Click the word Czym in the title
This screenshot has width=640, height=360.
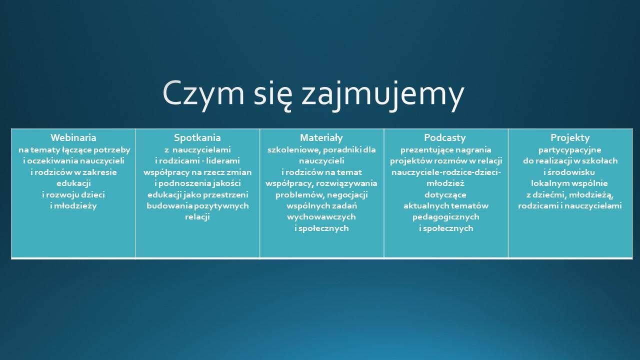point(203,93)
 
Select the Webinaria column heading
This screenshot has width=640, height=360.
point(73,137)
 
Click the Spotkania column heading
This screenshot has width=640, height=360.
point(197,137)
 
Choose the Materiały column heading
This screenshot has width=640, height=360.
point(321,137)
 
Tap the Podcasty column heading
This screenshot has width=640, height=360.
point(445,137)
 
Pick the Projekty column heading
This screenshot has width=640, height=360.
point(570,137)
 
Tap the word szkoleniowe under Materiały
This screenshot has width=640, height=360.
point(293,150)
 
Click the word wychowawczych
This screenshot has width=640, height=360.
point(321,217)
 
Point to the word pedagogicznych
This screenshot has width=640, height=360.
point(445,217)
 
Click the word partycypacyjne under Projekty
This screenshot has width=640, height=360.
point(570,150)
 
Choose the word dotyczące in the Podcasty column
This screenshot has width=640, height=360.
point(445,195)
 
